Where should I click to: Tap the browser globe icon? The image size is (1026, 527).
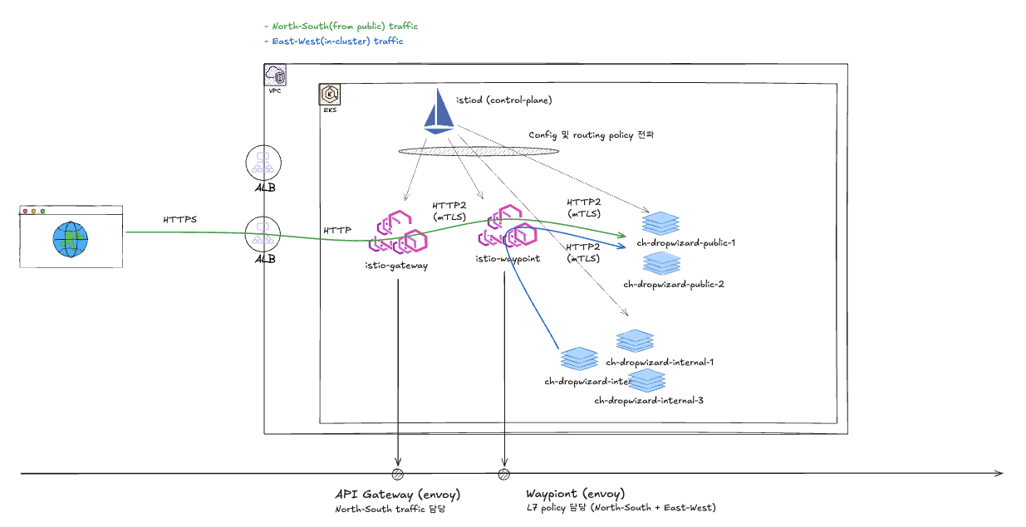[71, 239]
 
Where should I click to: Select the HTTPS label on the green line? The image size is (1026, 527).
[181, 219]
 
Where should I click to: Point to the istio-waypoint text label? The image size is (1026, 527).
[508, 259]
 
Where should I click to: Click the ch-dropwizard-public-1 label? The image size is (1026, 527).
[686, 242]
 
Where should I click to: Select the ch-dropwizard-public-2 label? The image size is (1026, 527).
[674, 284]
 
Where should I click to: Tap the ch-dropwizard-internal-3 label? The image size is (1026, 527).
[649, 400]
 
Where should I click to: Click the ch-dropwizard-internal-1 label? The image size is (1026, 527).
[660, 362]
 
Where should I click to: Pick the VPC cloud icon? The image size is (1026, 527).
[276, 76]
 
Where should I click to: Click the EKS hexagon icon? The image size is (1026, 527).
[329, 95]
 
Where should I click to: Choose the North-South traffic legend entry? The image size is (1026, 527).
[341, 27]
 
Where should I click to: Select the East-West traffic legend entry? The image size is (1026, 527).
[333, 41]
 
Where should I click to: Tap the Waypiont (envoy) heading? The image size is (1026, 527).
[576, 494]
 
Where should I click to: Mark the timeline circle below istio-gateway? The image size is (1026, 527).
[398, 474]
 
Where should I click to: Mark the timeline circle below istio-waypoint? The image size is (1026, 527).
[503, 474]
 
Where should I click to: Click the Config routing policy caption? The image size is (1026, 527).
[592, 134]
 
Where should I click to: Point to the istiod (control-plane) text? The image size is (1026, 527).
[504, 100]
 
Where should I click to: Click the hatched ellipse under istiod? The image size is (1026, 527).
[479, 151]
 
